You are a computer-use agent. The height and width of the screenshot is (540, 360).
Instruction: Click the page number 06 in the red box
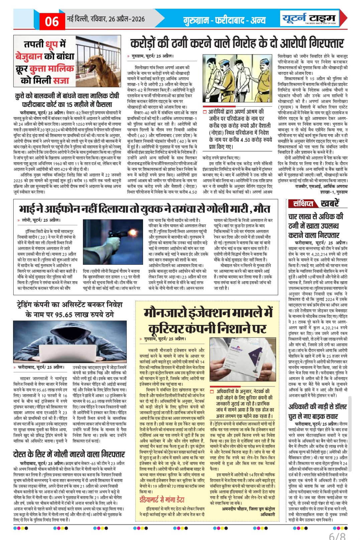pos(52,21)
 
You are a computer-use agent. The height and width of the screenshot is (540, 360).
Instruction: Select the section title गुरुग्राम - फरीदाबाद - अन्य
pos(224,20)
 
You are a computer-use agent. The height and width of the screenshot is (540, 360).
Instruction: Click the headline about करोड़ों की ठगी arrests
pos(237,43)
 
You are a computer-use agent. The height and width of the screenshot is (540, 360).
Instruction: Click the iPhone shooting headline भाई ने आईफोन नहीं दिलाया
pos(144,209)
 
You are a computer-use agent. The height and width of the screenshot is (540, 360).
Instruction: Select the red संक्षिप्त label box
pos(303,203)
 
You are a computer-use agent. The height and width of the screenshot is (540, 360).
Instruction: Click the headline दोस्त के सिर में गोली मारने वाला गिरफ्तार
pos(69,454)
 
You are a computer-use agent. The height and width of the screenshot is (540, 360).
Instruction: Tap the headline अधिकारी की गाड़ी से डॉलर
pos(318,412)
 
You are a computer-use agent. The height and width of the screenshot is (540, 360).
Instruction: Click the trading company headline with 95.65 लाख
pos(70,309)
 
